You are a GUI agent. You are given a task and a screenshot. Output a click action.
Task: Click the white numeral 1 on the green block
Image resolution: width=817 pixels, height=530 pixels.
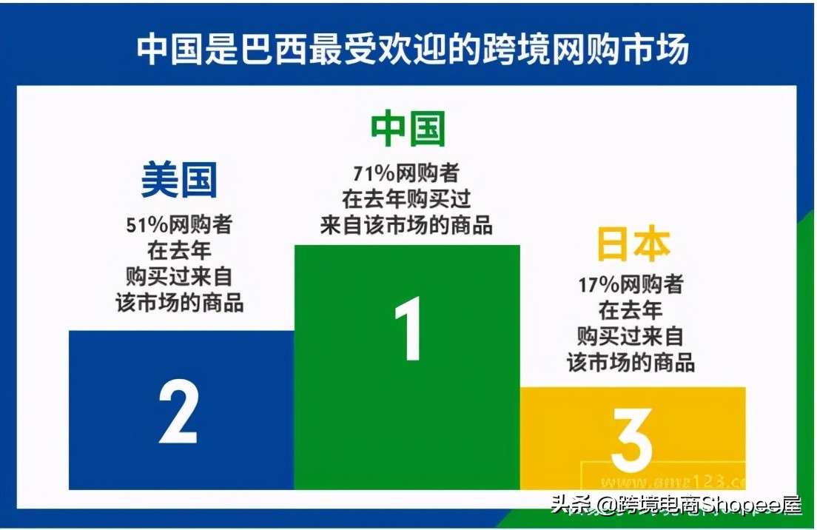pyautogui.click(x=408, y=329)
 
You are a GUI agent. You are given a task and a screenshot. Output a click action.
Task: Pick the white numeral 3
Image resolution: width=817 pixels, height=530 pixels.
pyautogui.click(x=632, y=440)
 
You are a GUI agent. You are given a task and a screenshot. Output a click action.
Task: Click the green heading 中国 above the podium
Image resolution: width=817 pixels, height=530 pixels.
pyautogui.click(x=408, y=129)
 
